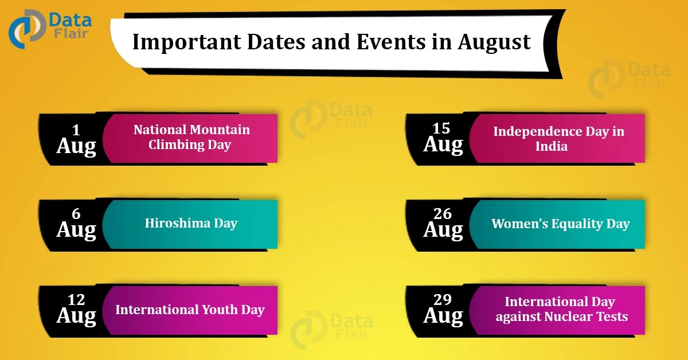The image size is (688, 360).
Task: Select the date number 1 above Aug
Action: [76, 129]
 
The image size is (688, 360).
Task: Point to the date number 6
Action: [76, 214]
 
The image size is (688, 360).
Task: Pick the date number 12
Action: [76, 300]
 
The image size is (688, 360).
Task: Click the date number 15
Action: [443, 129]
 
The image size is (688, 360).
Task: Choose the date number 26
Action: [443, 214]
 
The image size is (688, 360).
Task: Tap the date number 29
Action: [443, 300]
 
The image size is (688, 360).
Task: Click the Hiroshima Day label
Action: [191, 223]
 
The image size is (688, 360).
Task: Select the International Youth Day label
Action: [190, 310]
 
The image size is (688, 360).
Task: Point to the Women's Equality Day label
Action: [560, 224]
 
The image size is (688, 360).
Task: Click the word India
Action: [552, 146]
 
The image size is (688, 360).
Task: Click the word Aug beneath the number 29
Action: [443, 316]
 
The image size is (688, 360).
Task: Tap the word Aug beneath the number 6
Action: [76, 230]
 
